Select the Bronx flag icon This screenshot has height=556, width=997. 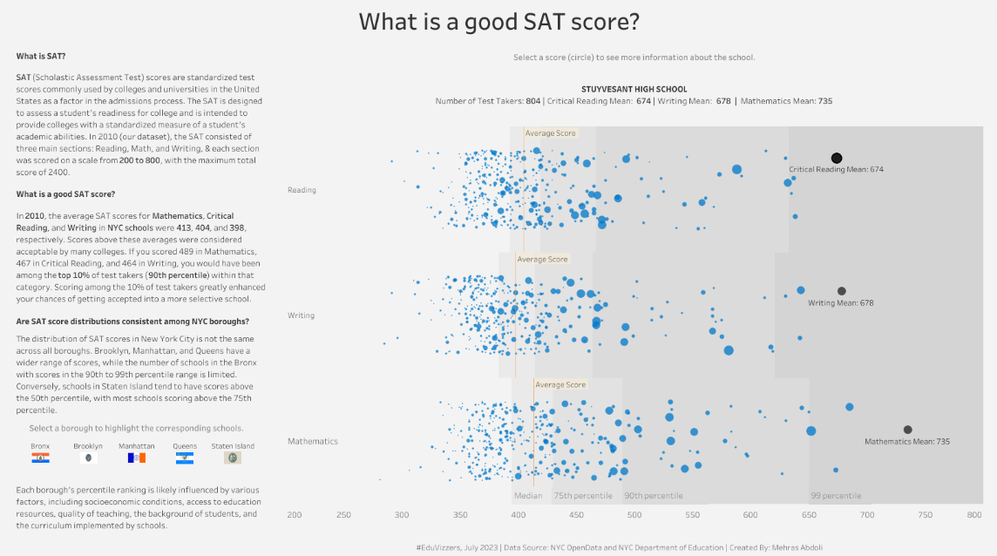click(x=40, y=457)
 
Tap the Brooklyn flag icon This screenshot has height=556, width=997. click(x=88, y=457)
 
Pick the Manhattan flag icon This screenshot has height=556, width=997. click(x=136, y=457)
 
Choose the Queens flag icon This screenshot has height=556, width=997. click(x=184, y=457)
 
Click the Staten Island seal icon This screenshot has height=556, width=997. click(x=233, y=457)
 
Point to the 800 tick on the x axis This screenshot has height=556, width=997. click(x=974, y=515)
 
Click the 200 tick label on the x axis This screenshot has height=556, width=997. click(x=295, y=515)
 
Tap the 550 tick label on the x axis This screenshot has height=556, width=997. click(x=693, y=515)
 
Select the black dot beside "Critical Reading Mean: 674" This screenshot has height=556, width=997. click(x=837, y=158)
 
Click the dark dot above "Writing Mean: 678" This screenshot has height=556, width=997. click(x=841, y=291)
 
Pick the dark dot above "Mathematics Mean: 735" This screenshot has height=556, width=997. click(x=907, y=430)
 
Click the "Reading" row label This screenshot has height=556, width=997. click(x=302, y=190)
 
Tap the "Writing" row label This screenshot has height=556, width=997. click(x=301, y=315)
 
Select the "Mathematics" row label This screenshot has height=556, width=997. click(x=313, y=442)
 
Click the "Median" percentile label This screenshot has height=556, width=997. click(x=528, y=496)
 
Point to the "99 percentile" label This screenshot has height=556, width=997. click(x=836, y=496)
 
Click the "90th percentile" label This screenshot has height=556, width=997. click(x=653, y=496)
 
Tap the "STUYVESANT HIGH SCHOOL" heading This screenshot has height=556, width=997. click(x=634, y=89)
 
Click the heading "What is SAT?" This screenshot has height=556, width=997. click(x=40, y=57)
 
